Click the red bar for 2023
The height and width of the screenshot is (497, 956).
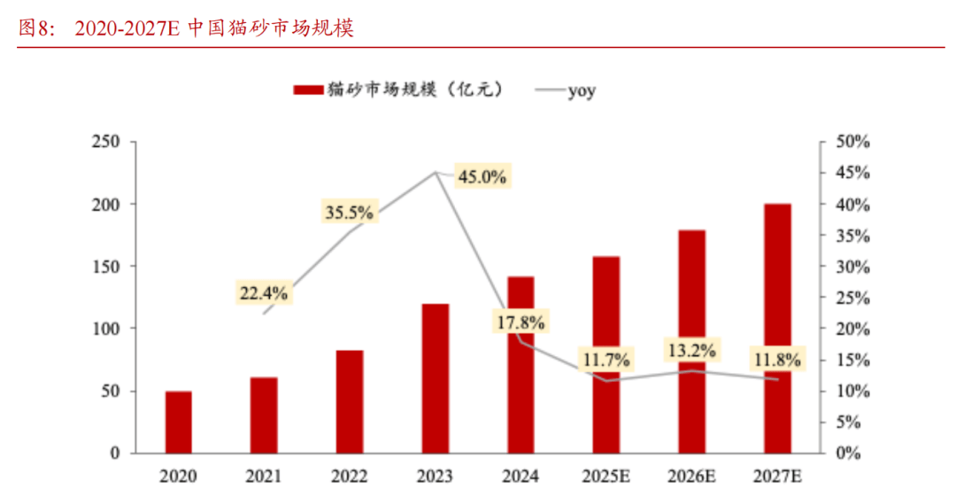[435, 378]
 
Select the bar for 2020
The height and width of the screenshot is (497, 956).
[179, 422]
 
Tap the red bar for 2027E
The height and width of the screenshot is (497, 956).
[777, 328]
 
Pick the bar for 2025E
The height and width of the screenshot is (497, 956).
[605, 354]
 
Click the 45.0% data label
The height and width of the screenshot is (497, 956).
[482, 176]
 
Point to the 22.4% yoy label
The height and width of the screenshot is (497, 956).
[262, 292]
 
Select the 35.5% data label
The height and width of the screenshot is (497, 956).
[349, 213]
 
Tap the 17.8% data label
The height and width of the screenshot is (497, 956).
[520, 321]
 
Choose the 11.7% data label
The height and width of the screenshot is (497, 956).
[605, 360]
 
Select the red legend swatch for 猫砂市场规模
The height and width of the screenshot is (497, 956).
[307, 90]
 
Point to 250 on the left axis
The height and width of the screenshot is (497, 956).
[105, 142]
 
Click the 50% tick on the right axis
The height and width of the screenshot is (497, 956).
[855, 142]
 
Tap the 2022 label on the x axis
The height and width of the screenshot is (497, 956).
[349, 477]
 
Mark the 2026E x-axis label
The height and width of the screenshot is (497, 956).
[691, 477]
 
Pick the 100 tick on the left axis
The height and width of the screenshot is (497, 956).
[105, 329]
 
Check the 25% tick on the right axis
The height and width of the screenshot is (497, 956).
[855, 298]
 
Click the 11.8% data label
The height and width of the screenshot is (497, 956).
[777, 360]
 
